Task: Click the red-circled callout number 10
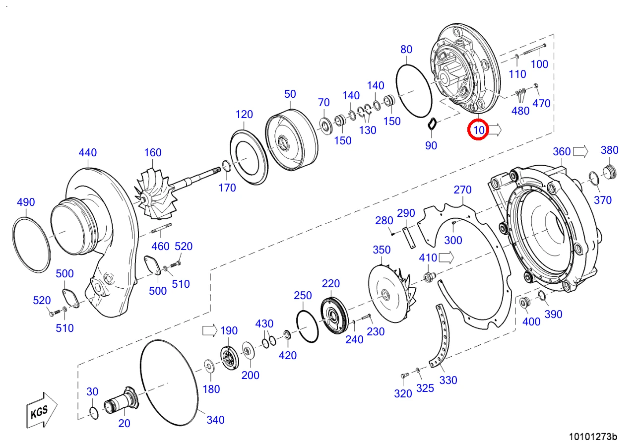478,130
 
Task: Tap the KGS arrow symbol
42,411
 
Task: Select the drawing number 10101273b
593,437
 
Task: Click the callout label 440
88,152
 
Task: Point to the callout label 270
462,190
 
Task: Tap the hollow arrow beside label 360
580,151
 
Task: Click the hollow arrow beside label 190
210,331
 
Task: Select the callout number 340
215,420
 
